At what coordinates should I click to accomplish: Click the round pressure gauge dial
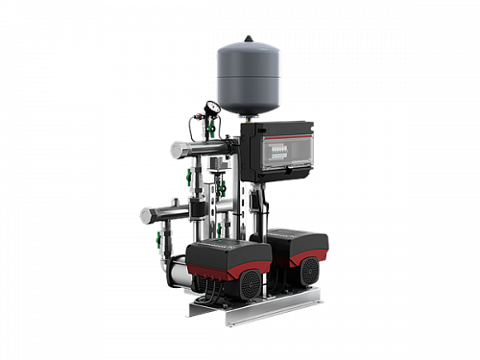pyautogui.click(x=211, y=108)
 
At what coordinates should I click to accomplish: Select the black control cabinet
pyautogui.click(x=276, y=150)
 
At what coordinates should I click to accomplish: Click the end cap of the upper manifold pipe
pyautogui.click(x=176, y=150)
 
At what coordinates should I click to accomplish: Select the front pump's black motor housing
pyautogui.click(x=222, y=256)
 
